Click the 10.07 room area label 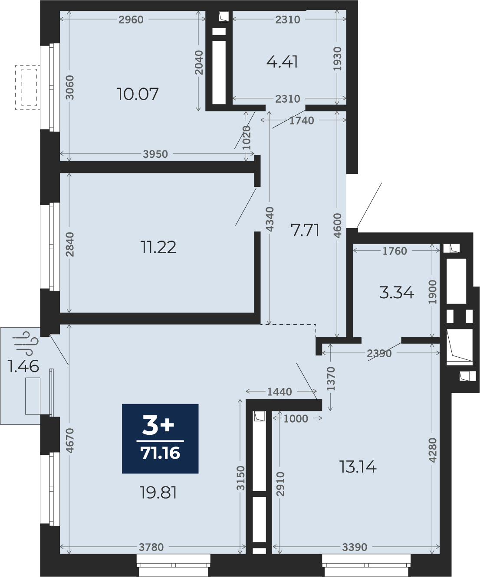point(138,94)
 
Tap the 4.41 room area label point(282,62)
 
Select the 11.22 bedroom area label point(158,247)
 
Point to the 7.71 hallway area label point(305,230)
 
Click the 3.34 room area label point(397,293)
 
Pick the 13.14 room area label point(358,467)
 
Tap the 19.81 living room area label point(159,492)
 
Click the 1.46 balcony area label point(23,366)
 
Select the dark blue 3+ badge point(160,438)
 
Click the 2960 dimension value point(131,20)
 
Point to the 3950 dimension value point(155,154)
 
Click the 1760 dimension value point(395,251)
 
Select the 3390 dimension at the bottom point(355,547)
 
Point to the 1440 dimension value point(279,392)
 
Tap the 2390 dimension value point(379,353)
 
